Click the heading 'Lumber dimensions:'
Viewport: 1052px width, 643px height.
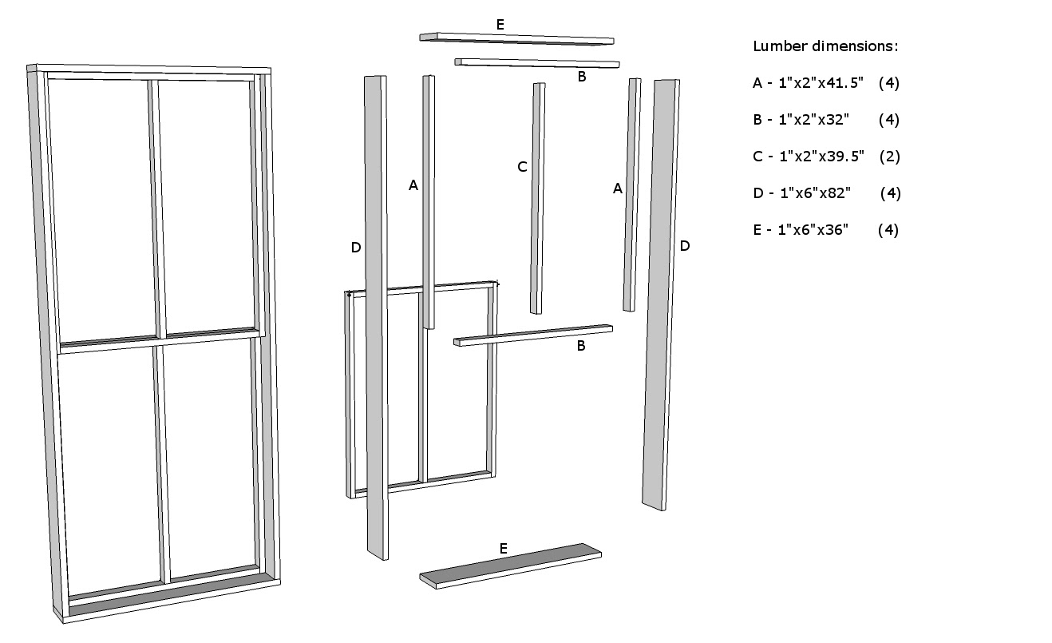point(825,46)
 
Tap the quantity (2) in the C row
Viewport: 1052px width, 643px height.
point(889,157)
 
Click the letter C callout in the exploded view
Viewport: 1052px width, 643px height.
point(522,167)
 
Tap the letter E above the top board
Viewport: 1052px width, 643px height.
point(500,25)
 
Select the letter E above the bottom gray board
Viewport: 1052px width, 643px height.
point(503,548)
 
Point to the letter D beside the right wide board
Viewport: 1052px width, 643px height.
point(684,246)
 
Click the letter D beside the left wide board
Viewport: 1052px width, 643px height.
point(356,248)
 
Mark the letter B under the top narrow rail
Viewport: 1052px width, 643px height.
point(582,77)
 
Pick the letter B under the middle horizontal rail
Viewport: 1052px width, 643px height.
point(581,346)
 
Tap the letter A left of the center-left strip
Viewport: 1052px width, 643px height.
point(413,185)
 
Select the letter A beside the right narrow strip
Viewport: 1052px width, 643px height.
point(617,189)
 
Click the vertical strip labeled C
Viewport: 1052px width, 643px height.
point(537,200)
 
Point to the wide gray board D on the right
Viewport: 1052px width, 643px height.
point(661,296)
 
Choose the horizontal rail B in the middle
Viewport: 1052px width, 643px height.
point(532,335)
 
